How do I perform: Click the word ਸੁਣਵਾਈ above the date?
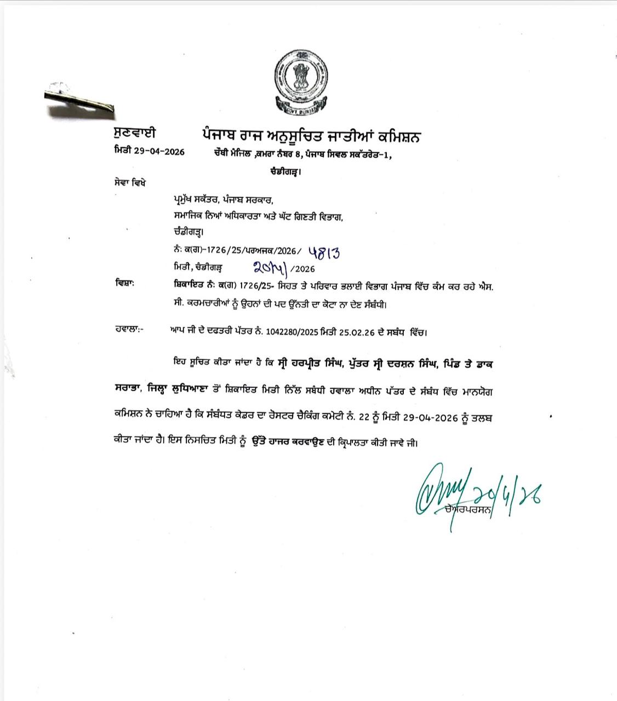pyautogui.click(x=135, y=133)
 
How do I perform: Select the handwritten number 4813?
pyautogui.click(x=323, y=252)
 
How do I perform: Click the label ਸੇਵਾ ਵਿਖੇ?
pyautogui.click(x=127, y=182)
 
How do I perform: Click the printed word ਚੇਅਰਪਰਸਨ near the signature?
pyautogui.click(x=469, y=510)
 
